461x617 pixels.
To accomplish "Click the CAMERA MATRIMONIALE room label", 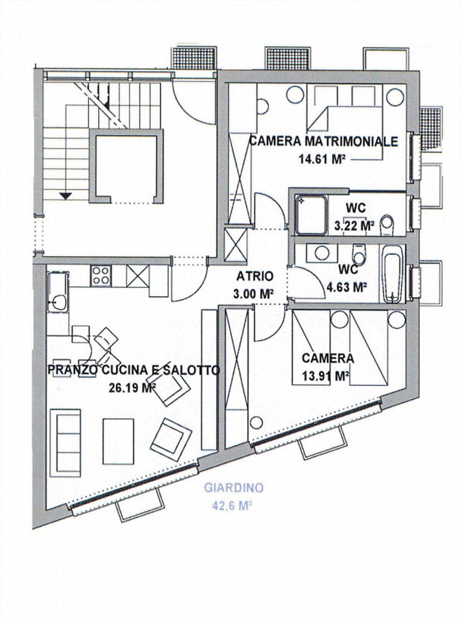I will point(323,141).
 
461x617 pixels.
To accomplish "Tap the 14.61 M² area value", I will point(321,159).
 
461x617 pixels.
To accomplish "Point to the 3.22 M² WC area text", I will point(354,226).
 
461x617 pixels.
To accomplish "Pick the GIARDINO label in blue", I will point(234,488).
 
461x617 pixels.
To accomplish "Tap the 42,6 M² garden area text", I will point(232,505).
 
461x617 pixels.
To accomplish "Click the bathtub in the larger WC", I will point(392,274).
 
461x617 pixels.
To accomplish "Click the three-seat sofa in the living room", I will point(65,437).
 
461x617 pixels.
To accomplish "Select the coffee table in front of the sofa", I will point(118,441).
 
